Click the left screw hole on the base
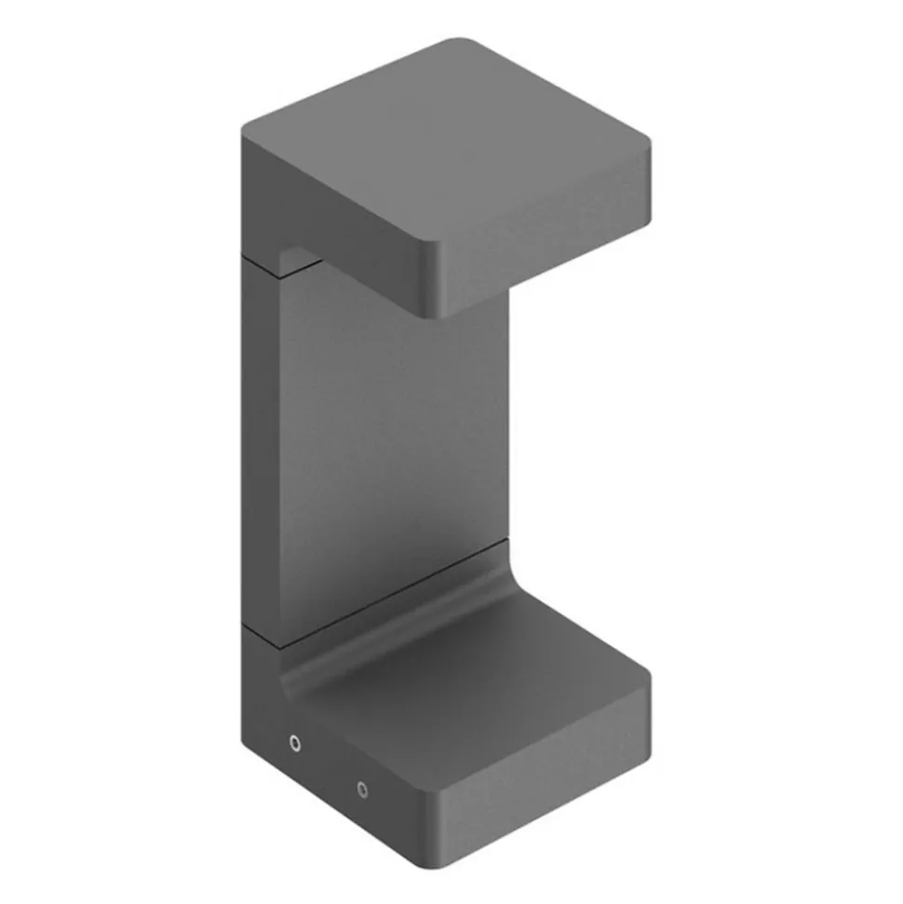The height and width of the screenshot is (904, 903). coord(295,743)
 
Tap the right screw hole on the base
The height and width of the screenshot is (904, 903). coord(362,789)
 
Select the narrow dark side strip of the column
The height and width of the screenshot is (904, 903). coord(258,438)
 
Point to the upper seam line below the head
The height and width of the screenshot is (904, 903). coord(279,269)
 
